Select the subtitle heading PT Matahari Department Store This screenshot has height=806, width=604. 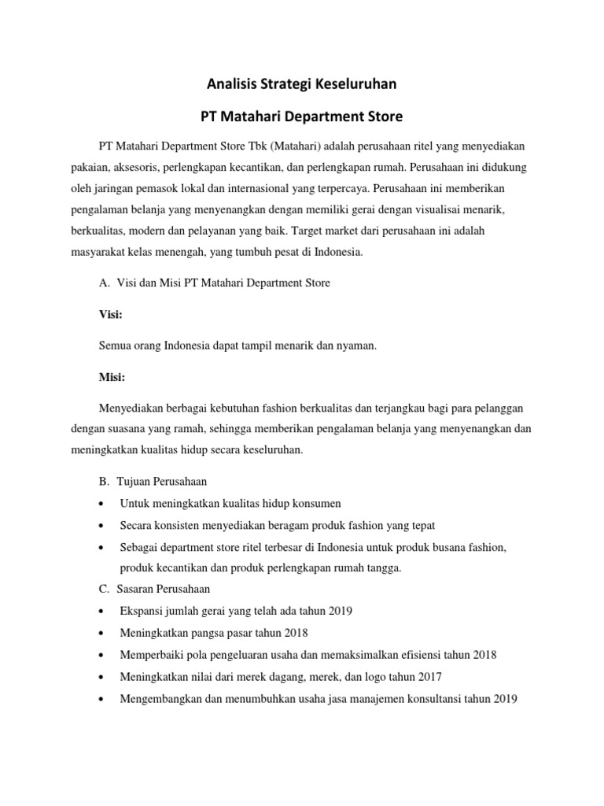pos(301,116)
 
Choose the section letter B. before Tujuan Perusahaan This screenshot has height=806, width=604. pos(104,481)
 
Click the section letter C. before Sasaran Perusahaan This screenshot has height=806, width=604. pos(104,589)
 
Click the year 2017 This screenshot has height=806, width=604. pos(429,677)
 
